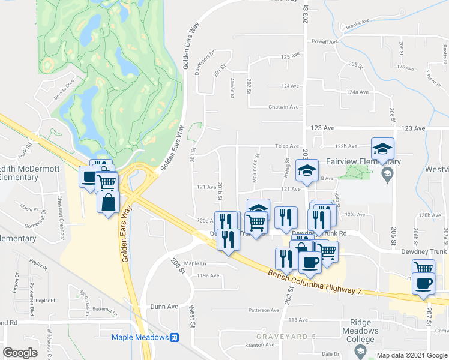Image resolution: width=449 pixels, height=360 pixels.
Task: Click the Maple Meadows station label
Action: (x=140, y=337)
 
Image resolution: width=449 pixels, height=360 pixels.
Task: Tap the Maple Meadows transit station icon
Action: (x=175, y=337)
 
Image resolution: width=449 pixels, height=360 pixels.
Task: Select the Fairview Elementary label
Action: (x=363, y=162)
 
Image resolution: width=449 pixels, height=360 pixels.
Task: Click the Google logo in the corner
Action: (x=20, y=352)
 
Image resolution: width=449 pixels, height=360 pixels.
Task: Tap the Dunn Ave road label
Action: (x=164, y=307)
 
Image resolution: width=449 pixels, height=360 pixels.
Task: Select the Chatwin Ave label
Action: (x=284, y=107)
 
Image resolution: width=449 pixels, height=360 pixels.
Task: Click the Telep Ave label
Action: (x=286, y=146)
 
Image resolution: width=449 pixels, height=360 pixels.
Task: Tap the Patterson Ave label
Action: (x=263, y=310)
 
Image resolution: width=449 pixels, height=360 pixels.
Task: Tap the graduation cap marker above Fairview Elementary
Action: (x=382, y=148)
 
